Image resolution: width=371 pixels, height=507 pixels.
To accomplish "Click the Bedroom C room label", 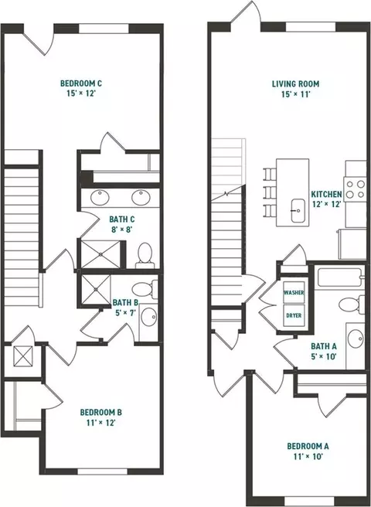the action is tap(81, 83).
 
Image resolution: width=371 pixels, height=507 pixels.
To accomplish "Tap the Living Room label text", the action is tap(295, 84).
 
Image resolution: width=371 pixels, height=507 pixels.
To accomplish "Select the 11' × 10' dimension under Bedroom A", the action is tap(308, 457).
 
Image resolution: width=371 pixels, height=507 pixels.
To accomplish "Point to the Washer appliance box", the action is tap(294, 292).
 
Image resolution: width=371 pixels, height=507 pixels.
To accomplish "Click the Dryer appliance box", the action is tap(294, 315).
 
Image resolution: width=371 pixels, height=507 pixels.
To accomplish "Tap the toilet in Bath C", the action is tap(145, 255).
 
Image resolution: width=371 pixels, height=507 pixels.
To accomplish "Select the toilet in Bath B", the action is tap(145, 289).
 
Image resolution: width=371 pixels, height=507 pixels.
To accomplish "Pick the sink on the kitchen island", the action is tap(298, 210).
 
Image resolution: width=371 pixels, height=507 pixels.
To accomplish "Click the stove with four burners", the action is tap(355, 189).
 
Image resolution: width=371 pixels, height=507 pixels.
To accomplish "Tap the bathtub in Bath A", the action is tap(339, 277).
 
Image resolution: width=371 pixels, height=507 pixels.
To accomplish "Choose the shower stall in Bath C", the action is tap(100, 254).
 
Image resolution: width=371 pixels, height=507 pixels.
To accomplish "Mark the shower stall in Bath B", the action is tap(96, 290).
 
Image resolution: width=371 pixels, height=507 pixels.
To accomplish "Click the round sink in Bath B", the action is tap(149, 317).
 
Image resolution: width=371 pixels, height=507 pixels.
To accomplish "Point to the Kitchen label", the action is tap(326, 194).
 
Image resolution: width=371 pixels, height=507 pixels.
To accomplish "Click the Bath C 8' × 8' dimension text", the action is tap(121, 230).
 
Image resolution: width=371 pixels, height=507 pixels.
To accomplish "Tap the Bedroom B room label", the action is tap(101, 412).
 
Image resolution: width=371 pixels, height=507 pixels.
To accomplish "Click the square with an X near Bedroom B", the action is tap(23, 356).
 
